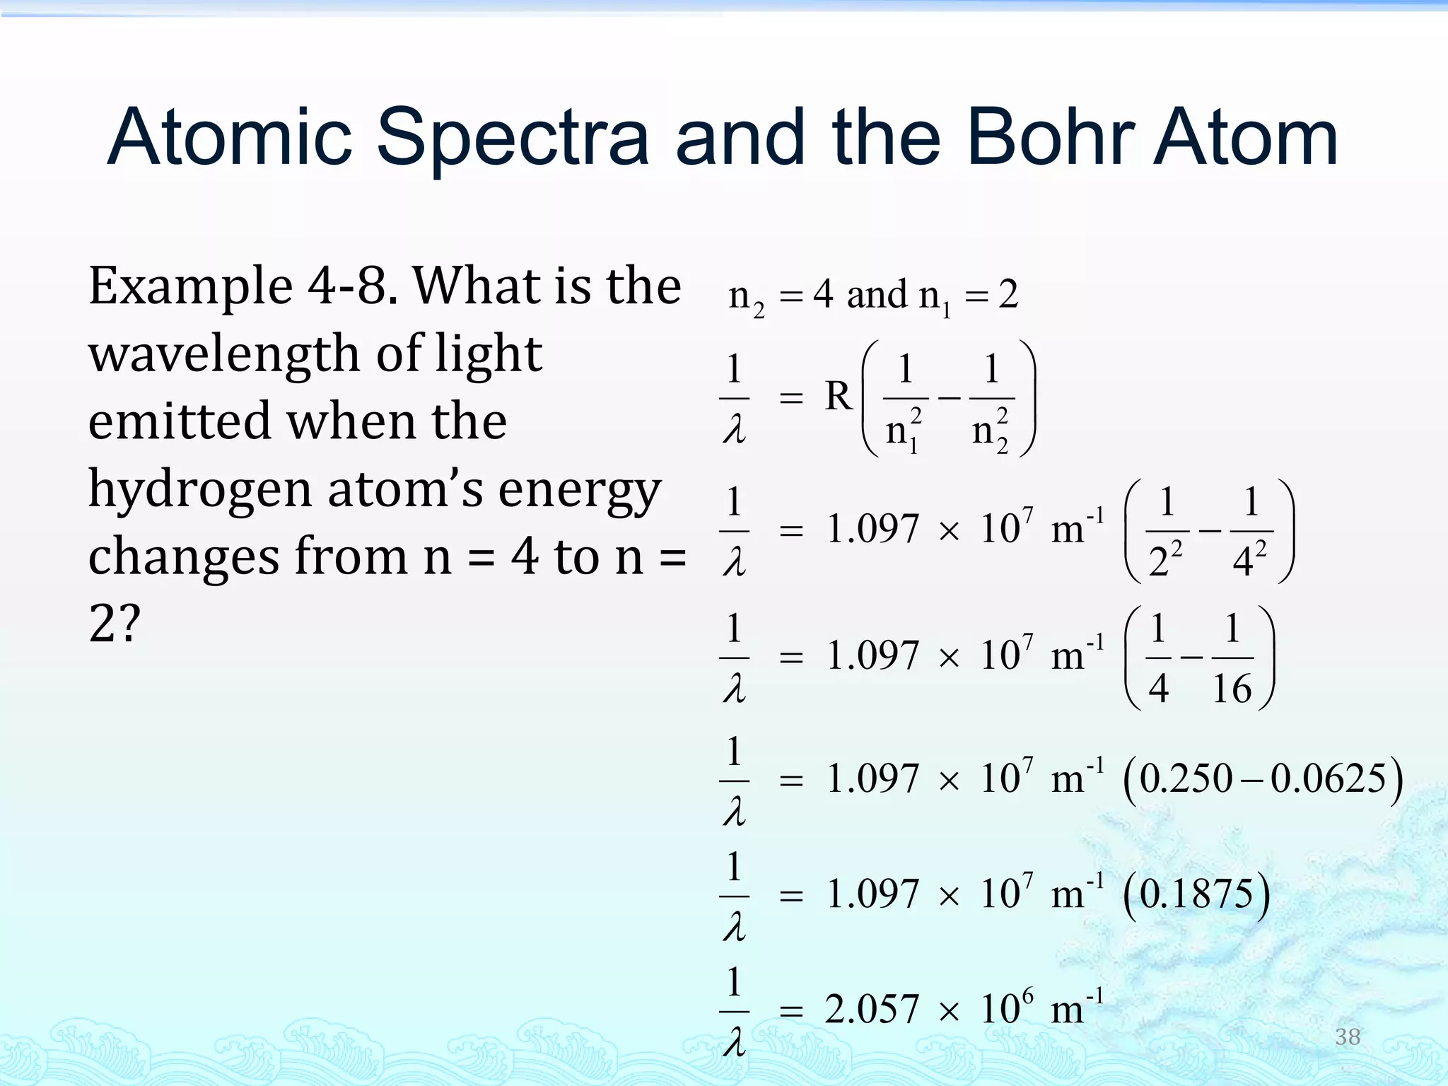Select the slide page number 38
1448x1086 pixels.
pos(1348,1037)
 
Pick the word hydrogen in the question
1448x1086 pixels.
pos(200,491)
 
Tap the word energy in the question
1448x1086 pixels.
pos(580,491)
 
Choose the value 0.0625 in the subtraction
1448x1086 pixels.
pos(1329,779)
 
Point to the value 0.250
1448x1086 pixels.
pos(1186,779)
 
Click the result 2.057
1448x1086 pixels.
pos(871,1009)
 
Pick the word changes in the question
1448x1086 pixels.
pos(184,556)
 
